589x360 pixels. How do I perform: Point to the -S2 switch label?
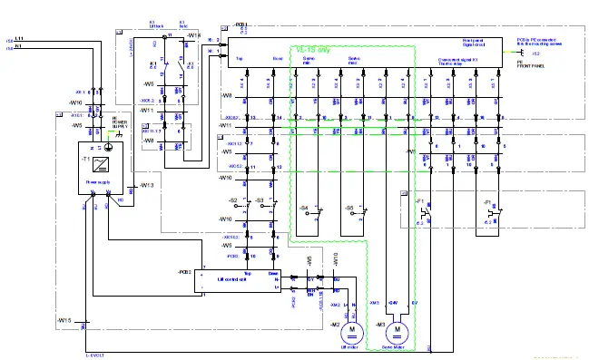pyautogui.click(x=233, y=199)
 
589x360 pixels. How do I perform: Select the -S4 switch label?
pyautogui.click(x=304, y=209)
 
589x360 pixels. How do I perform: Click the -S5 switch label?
pyautogui.click(x=349, y=209)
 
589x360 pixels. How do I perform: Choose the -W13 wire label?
pyautogui.click(x=145, y=185)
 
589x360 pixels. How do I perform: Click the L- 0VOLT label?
pyautogui.click(x=96, y=352)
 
